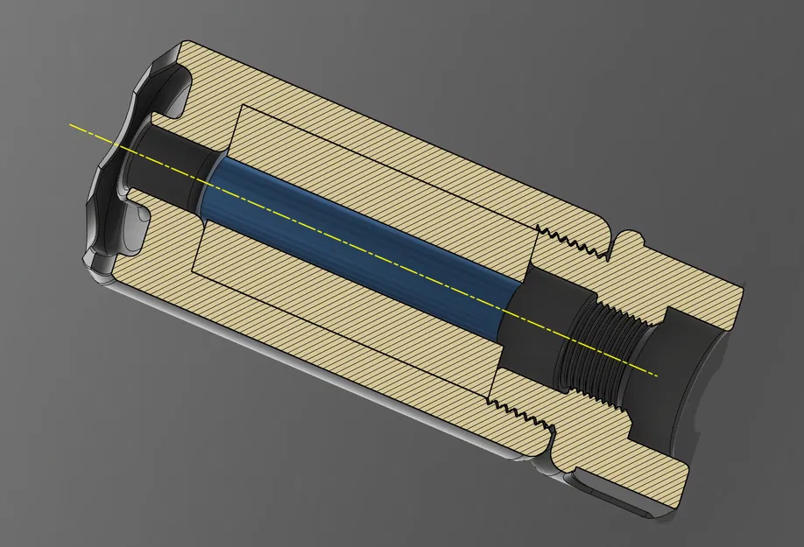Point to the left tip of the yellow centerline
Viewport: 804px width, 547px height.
pyautogui.click(x=71, y=125)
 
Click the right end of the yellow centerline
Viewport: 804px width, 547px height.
pyautogui.click(x=656, y=375)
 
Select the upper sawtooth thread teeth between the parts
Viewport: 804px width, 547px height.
pyautogui.click(x=574, y=242)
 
